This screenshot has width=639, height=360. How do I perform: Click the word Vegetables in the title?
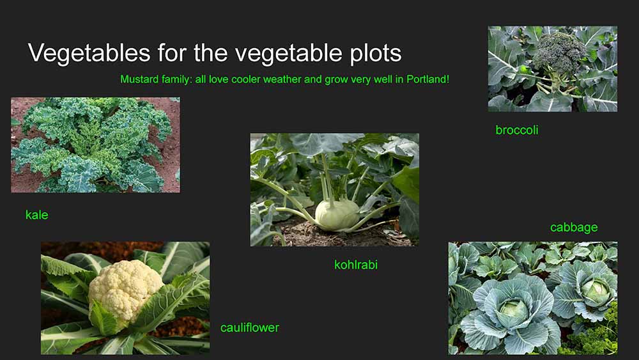pos(89,53)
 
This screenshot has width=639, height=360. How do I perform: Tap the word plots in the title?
pos(376,54)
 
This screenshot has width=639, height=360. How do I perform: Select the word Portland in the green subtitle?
pos(428,79)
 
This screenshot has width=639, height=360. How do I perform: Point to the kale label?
pos(36,214)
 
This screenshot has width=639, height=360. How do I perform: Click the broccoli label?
pos(517,130)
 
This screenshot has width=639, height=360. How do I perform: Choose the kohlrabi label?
pos(356,265)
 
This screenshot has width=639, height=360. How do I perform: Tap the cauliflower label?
pos(249,327)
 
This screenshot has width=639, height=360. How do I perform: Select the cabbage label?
pos(574,227)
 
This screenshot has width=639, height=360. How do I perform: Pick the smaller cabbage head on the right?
pos(596,291)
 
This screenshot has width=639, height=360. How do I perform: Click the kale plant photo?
pos(95,145)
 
